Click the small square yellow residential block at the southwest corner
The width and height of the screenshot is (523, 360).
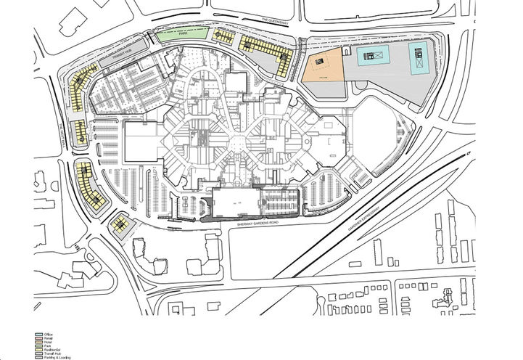[120, 224]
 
